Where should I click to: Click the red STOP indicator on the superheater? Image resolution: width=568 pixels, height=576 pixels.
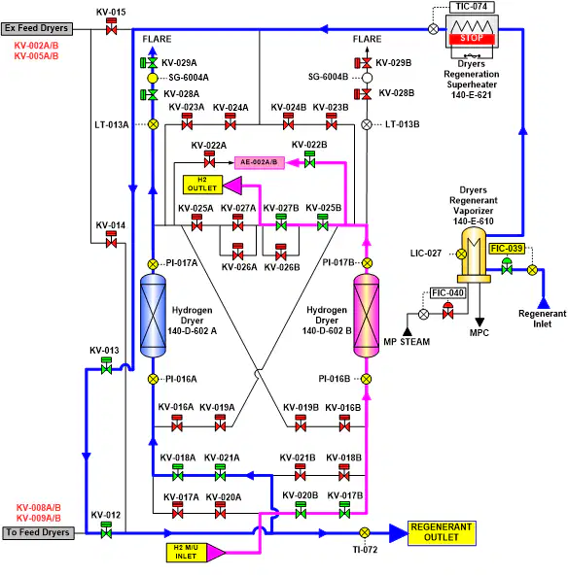(472, 38)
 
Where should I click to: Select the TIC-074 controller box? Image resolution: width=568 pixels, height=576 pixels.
(472, 7)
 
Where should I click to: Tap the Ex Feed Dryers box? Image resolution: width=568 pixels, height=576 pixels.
(36, 28)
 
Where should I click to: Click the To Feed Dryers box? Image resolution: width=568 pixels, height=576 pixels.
(38, 532)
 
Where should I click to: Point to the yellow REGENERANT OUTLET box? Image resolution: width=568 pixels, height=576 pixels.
(442, 532)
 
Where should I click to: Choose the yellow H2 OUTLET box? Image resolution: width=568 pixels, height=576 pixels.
(202, 185)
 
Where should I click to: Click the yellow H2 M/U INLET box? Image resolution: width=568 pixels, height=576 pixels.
(186, 552)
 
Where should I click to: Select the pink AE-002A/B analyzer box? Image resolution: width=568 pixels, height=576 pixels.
(260, 162)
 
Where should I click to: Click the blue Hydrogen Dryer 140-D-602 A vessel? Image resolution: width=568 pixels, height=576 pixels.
(153, 315)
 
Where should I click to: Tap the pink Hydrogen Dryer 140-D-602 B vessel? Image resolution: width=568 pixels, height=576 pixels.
(366, 315)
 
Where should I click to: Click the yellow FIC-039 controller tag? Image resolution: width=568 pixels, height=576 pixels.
(507, 249)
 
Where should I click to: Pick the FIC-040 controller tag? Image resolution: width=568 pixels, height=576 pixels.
(448, 293)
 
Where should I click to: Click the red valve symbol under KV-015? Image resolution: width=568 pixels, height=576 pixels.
(111, 27)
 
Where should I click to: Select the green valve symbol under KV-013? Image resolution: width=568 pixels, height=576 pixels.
(106, 366)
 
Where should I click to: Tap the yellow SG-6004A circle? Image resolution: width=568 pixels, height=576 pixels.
(153, 78)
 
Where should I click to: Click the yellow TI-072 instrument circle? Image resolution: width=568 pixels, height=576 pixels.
(364, 532)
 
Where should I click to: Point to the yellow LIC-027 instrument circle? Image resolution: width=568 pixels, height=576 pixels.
(461, 254)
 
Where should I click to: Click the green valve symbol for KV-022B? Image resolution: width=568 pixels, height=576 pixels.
(309, 159)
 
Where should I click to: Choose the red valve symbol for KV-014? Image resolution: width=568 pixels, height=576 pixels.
(111, 240)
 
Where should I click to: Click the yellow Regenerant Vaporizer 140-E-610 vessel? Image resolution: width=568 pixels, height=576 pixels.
(474, 255)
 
